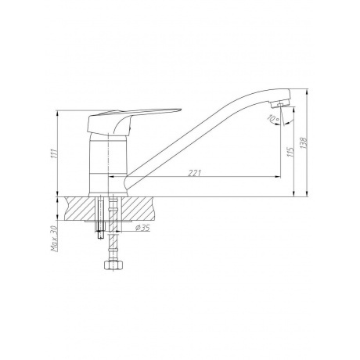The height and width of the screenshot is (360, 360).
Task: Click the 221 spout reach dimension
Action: (195, 173)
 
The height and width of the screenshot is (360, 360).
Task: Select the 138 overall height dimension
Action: (304, 142)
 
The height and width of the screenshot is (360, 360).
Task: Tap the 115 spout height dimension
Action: (290, 151)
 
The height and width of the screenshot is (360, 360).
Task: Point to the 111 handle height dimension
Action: (54, 153)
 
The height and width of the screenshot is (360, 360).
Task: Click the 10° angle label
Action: (273, 119)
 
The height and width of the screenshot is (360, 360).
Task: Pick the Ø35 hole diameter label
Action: (142, 228)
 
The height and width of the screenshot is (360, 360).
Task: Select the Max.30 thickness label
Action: (54, 239)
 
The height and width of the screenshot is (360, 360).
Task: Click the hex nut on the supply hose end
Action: (113, 265)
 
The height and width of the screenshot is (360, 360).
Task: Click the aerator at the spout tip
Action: (281, 104)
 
